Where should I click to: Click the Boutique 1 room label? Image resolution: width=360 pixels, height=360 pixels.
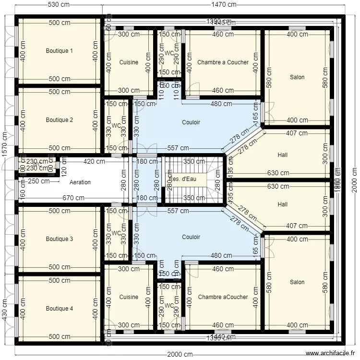(x=60, y=50)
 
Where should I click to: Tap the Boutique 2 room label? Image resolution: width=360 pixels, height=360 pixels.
(x=60, y=120)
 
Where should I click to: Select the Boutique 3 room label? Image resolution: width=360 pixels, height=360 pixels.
(x=60, y=239)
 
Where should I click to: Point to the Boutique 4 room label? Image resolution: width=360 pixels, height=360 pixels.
(x=60, y=309)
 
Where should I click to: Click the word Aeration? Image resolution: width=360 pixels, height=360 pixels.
(x=80, y=182)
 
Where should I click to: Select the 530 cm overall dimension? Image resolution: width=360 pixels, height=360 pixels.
(x=59, y=4)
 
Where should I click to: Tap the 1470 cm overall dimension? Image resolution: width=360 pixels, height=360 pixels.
(x=225, y=4)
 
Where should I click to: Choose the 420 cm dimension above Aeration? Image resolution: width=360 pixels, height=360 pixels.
(x=94, y=162)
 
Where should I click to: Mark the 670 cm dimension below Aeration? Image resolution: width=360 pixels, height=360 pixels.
(x=73, y=198)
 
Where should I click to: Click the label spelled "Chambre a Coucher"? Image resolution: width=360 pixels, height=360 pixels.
(x=223, y=62)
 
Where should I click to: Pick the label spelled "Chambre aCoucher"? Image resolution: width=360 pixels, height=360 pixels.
(x=223, y=297)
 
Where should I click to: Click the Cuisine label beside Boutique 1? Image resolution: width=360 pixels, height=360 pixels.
(x=129, y=62)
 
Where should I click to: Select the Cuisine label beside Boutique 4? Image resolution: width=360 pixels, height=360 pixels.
(x=129, y=297)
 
